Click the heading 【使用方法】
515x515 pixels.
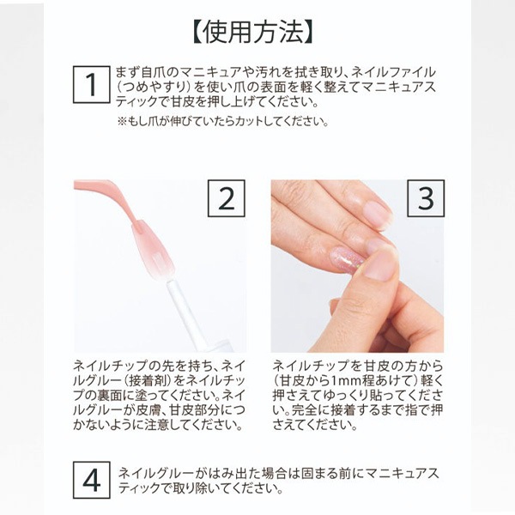click(251, 33)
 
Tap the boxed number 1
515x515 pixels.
click(92, 84)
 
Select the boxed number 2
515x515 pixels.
click(227, 198)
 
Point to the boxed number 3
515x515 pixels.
click(426, 198)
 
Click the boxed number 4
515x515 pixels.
click(92, 480)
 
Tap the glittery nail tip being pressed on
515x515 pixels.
click(348, 259)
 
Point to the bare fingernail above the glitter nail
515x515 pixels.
click(377, 214)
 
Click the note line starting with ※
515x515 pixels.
click(223, 122)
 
